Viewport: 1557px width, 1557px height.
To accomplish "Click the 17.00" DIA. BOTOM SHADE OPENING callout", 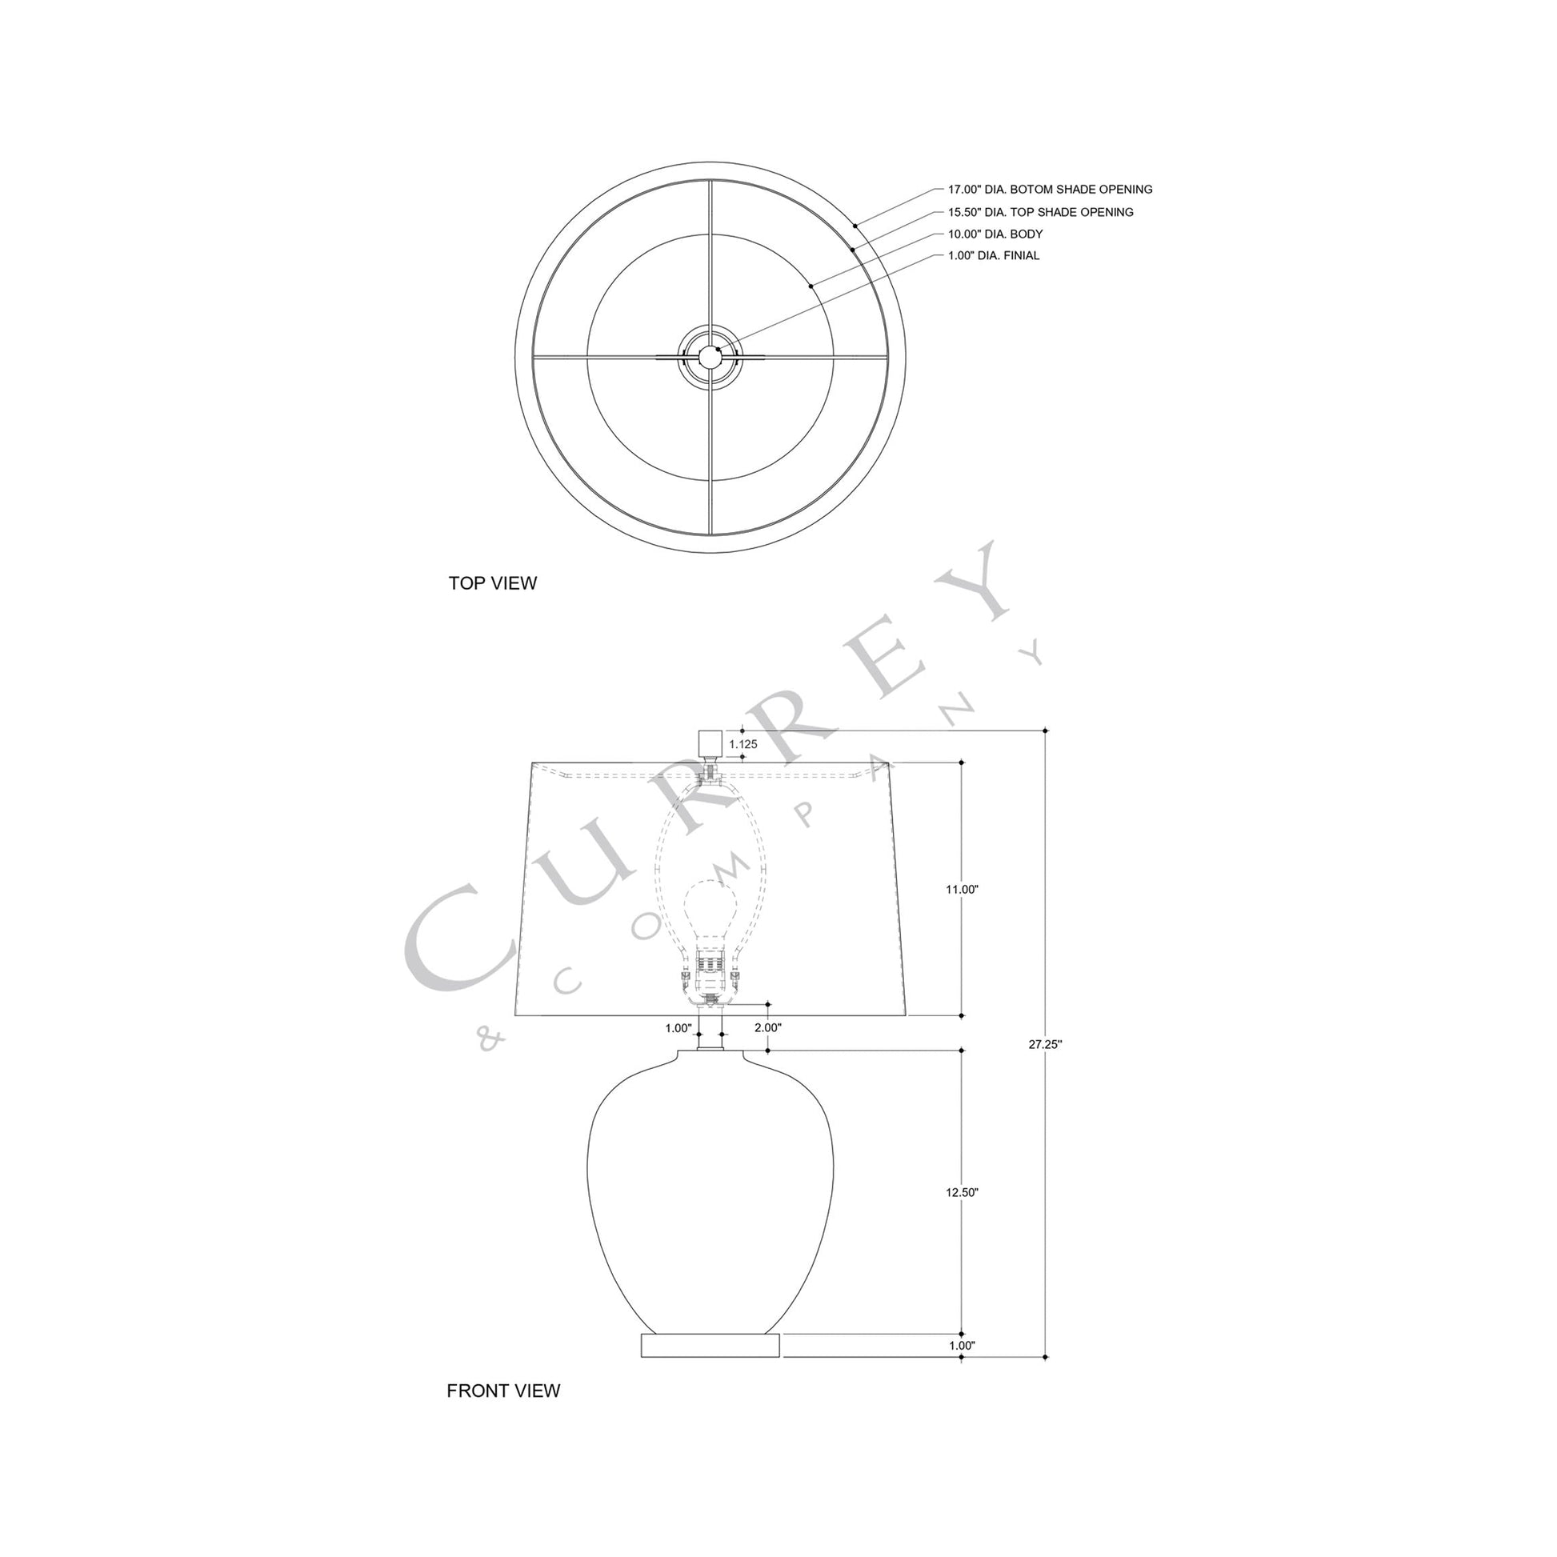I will (x=1049, y=190).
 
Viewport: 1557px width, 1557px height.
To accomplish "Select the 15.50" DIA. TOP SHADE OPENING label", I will (x=1039, y=212).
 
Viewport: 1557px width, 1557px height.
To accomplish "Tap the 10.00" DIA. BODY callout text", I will (x=995, y=234).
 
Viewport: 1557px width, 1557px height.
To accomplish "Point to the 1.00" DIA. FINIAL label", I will (x=993, y=255).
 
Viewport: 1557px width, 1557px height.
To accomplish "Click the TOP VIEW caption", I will (x=492, y=583).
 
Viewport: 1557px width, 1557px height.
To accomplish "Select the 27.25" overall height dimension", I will (x=1045, y=1044).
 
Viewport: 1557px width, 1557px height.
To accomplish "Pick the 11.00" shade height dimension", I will (x=962, y=890).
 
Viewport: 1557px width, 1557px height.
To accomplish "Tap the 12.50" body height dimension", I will (x=962, y=1193).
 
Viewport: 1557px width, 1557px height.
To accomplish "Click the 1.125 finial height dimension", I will (x=743, y=745).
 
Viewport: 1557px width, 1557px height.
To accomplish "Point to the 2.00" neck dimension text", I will (x=768, y=1028).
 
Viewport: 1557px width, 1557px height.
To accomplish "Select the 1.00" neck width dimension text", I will (x=678, y=1028).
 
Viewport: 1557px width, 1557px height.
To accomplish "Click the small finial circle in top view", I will (x=709, y=355).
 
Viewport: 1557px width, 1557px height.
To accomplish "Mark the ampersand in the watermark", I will (x=490, y=1040).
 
